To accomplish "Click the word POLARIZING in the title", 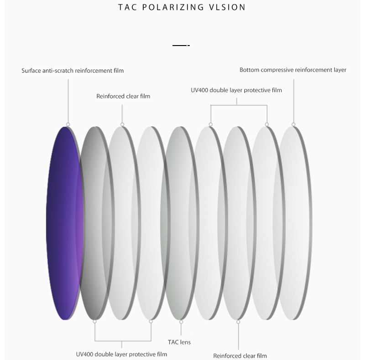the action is click(x=173, y=7).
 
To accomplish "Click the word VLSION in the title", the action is click(x=227, y=7).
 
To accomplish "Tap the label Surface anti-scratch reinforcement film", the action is click(x=73, y=71).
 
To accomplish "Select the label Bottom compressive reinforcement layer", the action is click(x=293, y=70).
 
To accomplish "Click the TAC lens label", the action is click(x=179, y=342).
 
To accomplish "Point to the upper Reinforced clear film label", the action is click(x=123, y=96).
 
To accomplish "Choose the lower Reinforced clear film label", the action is click(x=240, y=356).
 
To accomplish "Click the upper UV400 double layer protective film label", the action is click(x=236, y=90).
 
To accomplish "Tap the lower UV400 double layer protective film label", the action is click(x=121, y=354).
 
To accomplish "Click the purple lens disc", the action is click(x=64, y=223).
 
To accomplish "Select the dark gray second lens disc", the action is click(x=95, y=223).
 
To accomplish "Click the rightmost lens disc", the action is click(x=294, y=223).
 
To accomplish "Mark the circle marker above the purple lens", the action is click(x=68, y=124).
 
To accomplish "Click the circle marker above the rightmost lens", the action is click(x=293, y=124).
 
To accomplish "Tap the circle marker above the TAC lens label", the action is click(x=181, y=322).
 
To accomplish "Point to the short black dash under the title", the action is click(x=181, y=46).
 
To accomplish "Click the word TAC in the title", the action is click(x=128, y=7).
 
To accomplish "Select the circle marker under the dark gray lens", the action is click(x=95, y=321).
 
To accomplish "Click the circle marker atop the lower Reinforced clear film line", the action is click(x=238, y=322).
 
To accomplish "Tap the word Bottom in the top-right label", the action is click(x=249, y=70).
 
